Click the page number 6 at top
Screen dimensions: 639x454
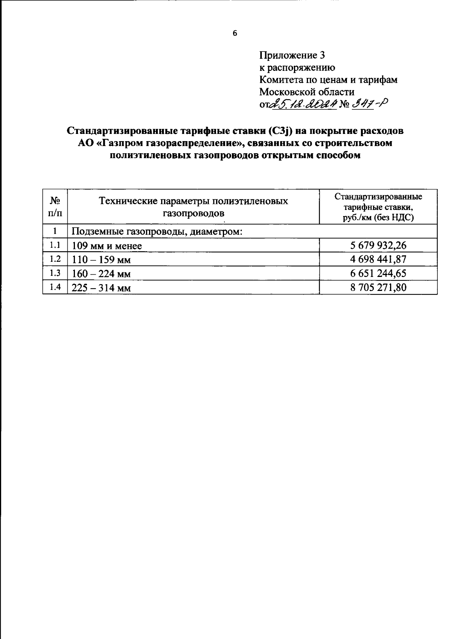[x=235, y=34]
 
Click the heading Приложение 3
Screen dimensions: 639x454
[x=292, y=56]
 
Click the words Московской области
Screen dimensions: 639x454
[x=306, y=92]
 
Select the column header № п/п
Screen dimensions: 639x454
[x=55, y=207]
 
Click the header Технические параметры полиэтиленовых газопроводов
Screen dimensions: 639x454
[x=193, y=207]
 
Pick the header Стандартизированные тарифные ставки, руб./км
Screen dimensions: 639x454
[x=378, y=207]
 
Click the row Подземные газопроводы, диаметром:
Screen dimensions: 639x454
[x=157, y=232]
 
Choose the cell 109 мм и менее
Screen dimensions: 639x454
[x=107, y=246]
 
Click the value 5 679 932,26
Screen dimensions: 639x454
[x=378, y=246]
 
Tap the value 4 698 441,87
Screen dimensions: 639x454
[x=378, y=260]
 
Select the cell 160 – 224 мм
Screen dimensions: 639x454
[x=101, y=274]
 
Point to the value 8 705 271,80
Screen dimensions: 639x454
[x=378, y=288]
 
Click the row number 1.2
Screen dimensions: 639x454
[x=55, y=259]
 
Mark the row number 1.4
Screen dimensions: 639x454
[x=55, y=287]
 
